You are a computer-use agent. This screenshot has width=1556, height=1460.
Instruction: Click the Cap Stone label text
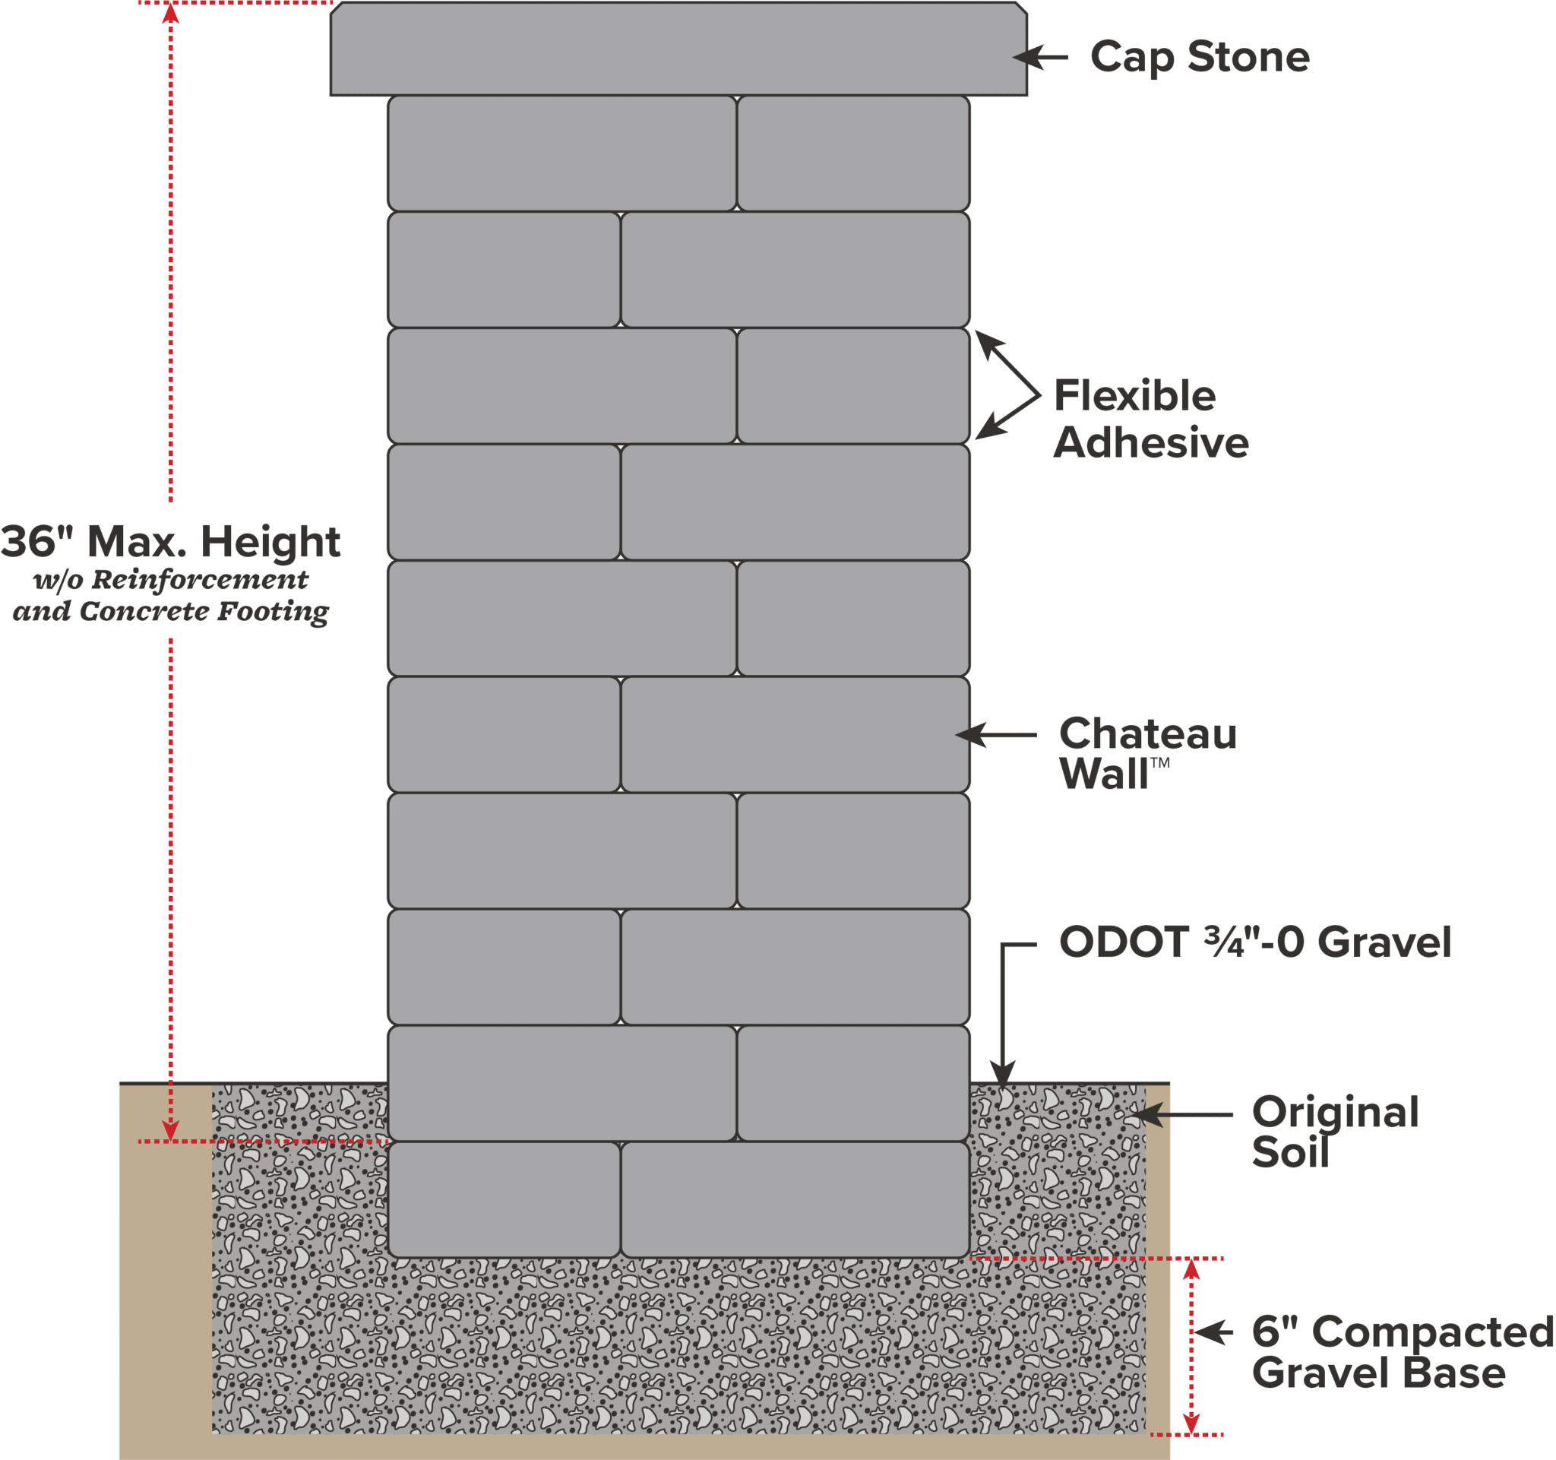pyautogui.click(x=1199, y=58)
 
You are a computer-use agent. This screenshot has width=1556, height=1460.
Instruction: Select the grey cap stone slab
pyautogui.click(x=678, y=49)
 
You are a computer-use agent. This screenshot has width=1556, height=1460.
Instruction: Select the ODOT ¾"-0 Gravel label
pyautogui.click(x=1254, y=942)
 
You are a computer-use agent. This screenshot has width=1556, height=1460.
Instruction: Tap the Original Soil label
pyautogui.click(x=1333, y=1132)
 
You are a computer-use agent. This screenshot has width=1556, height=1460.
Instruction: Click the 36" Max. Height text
pyautogui.click(x=171, y=542)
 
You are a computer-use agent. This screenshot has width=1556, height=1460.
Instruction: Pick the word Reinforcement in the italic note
pyautogui.click(x=201, y=580)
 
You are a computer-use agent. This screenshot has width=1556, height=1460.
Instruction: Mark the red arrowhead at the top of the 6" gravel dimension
pyautogui.click(x=1191, y=1270)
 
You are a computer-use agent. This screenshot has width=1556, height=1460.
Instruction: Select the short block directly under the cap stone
pyautogui.click(x=853, y=154)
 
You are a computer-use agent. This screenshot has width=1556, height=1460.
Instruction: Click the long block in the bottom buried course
pyautogui.click(x=795, y=1199)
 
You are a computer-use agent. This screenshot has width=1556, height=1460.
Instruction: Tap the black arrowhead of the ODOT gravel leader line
pyautogui.click(x=1003, y=1072)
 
